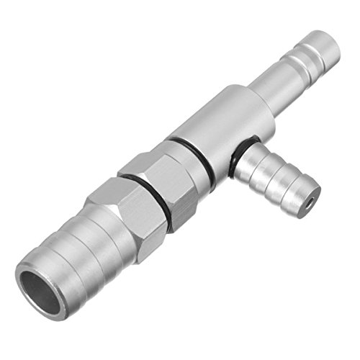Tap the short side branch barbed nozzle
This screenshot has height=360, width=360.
point(277,176)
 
